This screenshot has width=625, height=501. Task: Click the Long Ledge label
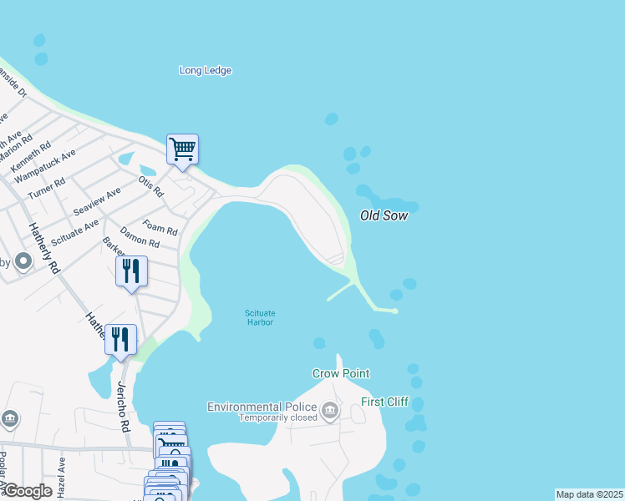coord(206,70)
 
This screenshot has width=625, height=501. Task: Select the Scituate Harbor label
coord(260,317)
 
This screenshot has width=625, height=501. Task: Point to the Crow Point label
coord(341,373)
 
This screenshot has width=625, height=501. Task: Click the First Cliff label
coord(384,402)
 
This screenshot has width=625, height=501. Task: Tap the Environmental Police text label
coord(262,407)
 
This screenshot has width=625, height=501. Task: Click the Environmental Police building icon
coord(330,410)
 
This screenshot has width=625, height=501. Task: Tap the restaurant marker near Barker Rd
coord(131,271)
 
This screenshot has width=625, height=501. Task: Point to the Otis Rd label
coord(150,186)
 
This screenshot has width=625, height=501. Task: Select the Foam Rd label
coord(160,226)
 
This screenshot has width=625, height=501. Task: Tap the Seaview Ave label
coord(97,200)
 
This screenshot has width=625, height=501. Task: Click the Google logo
coord(28,490)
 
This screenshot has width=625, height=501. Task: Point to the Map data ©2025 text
coord(589,494)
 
